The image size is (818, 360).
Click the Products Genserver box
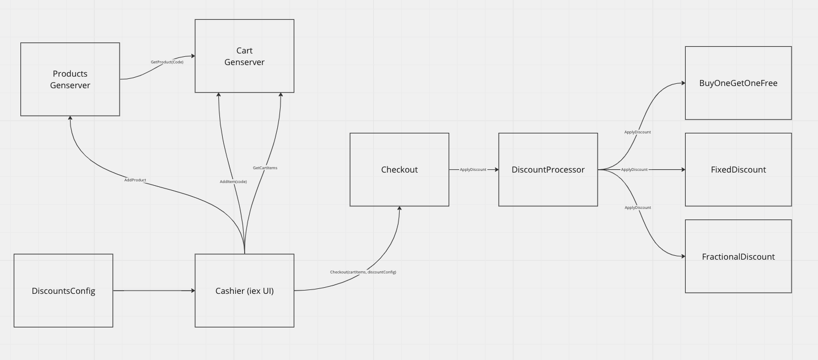(70, 79)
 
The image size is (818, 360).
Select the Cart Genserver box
(244, 56)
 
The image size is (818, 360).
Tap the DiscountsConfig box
(63, 291)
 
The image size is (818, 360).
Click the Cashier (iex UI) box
(244, 291)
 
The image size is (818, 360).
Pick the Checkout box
(399, 169)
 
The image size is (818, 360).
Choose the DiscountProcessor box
(548, 169)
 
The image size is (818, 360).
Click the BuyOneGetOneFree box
(738, 83)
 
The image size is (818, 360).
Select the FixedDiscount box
(738, 169)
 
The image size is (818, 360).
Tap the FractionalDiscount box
(738, 256)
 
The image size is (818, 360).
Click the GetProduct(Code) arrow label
(167, 62)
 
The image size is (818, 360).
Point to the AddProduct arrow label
(135, 180)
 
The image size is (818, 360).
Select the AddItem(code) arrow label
(233, 181)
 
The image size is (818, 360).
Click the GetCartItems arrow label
(265, 168)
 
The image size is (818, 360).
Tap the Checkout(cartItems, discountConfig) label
(363, 272)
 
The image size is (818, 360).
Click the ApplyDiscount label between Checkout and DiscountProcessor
(473, 170)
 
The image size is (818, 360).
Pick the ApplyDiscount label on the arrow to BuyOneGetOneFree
(637, 132)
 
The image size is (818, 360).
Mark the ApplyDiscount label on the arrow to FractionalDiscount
(637, 207)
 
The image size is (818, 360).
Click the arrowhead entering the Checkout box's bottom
(399, 209)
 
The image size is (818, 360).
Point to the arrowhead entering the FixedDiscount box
(682, 170)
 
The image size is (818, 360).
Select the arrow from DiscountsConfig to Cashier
(154, 291)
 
